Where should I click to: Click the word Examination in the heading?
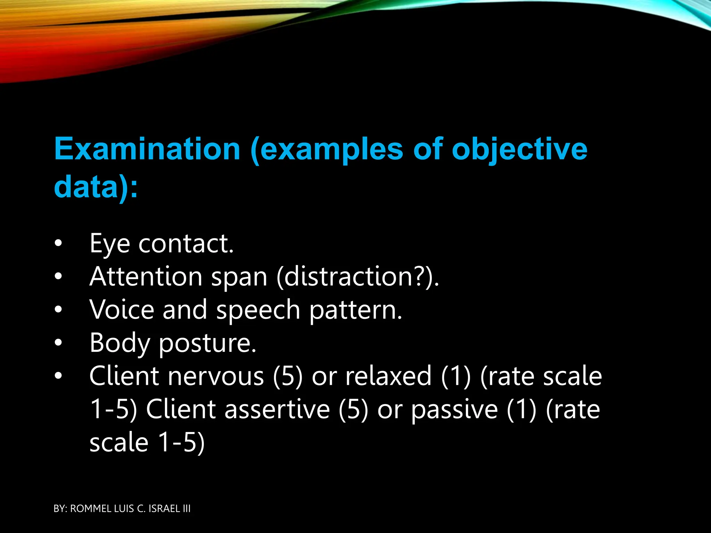point(147,149)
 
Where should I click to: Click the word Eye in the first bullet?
point(110,244)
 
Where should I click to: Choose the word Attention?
point(146,277)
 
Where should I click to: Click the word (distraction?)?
point(358,277)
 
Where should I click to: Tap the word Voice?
point(122,310)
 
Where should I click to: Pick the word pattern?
point(355,310)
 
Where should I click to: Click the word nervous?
point(216,376)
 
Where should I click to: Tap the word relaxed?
point(388,376)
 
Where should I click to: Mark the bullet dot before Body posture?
point(58,343)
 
